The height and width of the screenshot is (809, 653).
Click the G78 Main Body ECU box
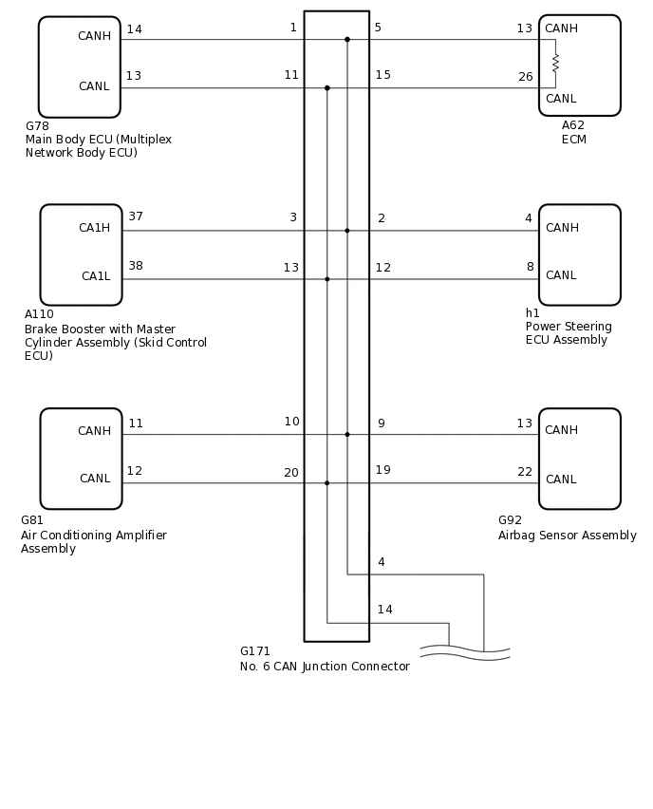tap(79, 66)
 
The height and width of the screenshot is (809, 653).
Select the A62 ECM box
tap(579, 65)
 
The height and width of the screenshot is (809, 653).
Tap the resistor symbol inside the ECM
tap(555, 64)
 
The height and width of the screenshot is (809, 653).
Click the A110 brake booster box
tap(81, 254)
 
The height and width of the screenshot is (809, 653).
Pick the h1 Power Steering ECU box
tap(579, 254)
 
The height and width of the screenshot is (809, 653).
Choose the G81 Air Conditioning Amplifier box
tap(81, 459)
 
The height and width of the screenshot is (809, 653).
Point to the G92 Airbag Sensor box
tap(579, 459)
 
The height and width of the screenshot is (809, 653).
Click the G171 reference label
tap(254, 651)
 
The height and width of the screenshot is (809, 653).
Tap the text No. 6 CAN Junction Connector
tap(325, 667)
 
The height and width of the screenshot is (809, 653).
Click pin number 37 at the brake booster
tap(136, 216)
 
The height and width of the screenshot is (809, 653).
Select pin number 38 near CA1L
tap(136, 266)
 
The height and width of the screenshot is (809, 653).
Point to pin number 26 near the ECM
tap(525, 77)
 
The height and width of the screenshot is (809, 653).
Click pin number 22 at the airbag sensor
tap(525, 472)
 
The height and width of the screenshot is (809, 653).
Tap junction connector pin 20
tap(290, 473)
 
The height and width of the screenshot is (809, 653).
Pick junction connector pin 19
tap(382, 470)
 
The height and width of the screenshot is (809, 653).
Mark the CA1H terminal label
tap(94, 228)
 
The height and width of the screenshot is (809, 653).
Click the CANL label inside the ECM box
tap(560, 99)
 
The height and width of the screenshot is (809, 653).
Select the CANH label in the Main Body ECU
tap(94, 36)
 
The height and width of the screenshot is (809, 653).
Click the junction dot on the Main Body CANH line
tap(347, 39)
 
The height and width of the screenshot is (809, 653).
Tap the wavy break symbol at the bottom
tap(465, 652)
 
